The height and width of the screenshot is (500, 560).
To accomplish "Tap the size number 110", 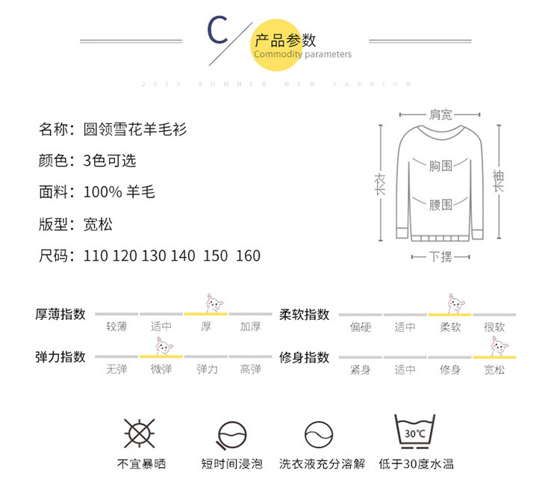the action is pyautogui.click(x=96, y=256).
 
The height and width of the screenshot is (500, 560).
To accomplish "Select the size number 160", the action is pyautogui.click(x=248, y=256).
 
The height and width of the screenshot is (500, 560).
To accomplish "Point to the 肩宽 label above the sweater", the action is pyautogui.click(x=440, y=115).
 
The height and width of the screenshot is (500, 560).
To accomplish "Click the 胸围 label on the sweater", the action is pyautogui.click(x=441, y=166).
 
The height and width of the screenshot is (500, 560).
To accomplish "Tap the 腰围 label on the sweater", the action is pyautogui.click(x=441, y=204).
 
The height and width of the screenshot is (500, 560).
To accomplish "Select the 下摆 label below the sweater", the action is pyautogui.click(x=441, y=256).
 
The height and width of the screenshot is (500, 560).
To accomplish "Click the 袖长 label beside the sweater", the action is pyautogui.click(x=498, y=182).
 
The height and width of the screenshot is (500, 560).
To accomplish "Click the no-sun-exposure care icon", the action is pyautogui.click(x=138, y=433).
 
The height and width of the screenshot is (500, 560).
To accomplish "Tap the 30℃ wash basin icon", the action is pyautogui.click(x=415, y=431).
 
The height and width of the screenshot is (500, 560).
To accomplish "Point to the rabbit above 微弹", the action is pyautogui.click(x=161, y=345).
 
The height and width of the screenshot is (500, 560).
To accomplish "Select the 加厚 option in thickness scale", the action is pyautogui.click(x=250, y=327).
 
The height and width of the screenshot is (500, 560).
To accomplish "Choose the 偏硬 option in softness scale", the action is pyautogui.click(x=361, y=327).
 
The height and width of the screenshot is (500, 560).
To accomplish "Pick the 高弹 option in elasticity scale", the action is pyautogui.click(x=250, y=369).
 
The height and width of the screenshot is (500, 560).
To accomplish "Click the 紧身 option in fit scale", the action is pyautogui.click(x=361, y=369).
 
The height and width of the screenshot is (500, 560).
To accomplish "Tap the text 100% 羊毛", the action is pyautogui.click(x=119, y=192).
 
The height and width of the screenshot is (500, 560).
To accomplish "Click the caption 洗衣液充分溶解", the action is pyautogui.click(x=323, y=464).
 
